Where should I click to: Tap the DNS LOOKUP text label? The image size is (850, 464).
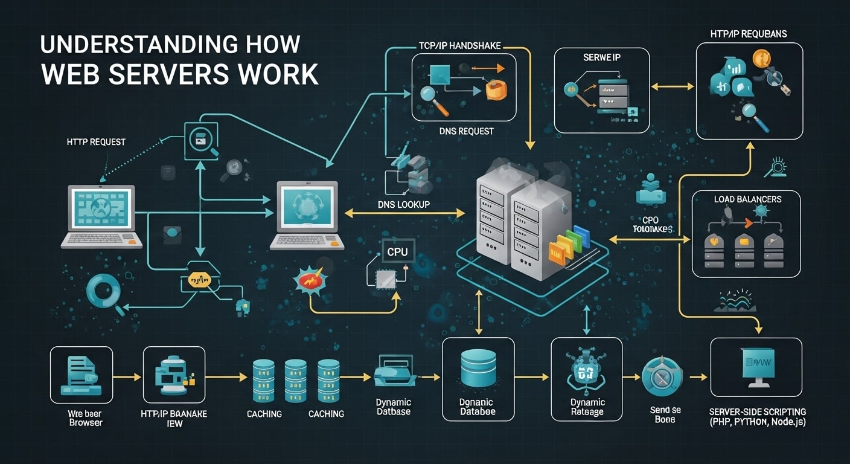coord(403,205)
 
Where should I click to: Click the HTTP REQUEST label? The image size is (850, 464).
coord(96,141)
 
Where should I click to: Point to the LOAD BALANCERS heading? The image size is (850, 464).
coord(747,199)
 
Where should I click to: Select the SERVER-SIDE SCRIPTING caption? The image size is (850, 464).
coord(758,416)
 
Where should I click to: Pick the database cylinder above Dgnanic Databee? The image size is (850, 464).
coord(478,367)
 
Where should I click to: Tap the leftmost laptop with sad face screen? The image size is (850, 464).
coord(101,216)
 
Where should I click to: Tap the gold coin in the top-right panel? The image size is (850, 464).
coord(762,59)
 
